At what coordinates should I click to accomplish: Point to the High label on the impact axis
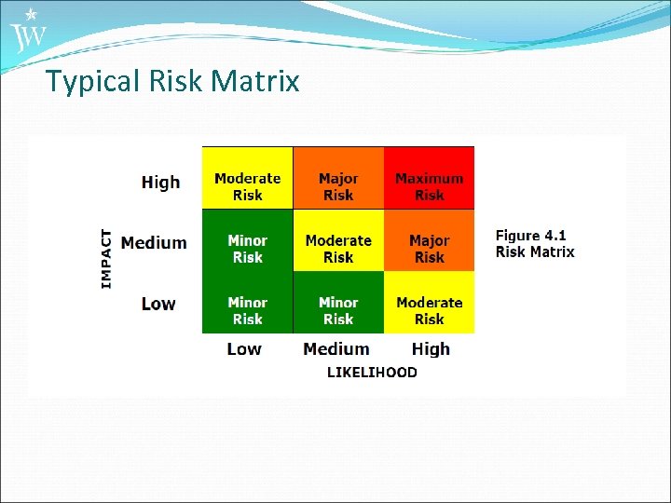pyautogui.click(x=160, y=183)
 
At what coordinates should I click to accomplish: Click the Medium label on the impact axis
pyautogui.click(x=154, y=243)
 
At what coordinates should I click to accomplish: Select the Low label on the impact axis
pyautogui.click(x=158, y=304)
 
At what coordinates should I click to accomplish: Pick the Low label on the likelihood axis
pyautogui.click(x=244, y=349)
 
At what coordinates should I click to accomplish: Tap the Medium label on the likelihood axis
pyautogui.click(x=336, y=349)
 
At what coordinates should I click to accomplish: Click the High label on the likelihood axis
pyautogui.click(x=431, y=349)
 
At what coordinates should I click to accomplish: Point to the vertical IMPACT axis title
pyautogui.click(x=106, y=259)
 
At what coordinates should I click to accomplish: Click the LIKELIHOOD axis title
pyautogui.click(x=372, y=373)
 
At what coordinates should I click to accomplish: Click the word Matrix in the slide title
pyautogui.click(x=255, y=82)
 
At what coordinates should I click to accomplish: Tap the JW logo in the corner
pyautogui.click(x=28, y=32)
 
